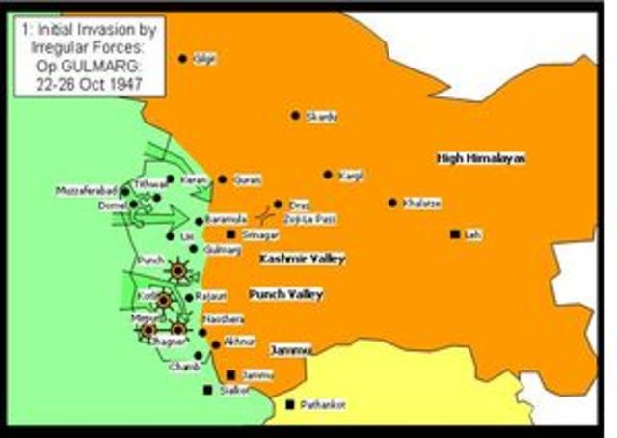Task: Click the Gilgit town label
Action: click(x=204, y=60)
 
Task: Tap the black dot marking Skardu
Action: click(x=296, y=115)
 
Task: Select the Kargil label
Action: click(x=351, y=176)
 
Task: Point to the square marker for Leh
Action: click(x=454, y=233)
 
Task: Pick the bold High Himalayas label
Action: click(x=480, y=157)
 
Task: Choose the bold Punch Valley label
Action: click(x=285, y=293)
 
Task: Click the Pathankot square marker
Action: click(x=290, y=404)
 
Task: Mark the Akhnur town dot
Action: click(x=215, y=343)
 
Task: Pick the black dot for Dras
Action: click(x=278, y=205)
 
